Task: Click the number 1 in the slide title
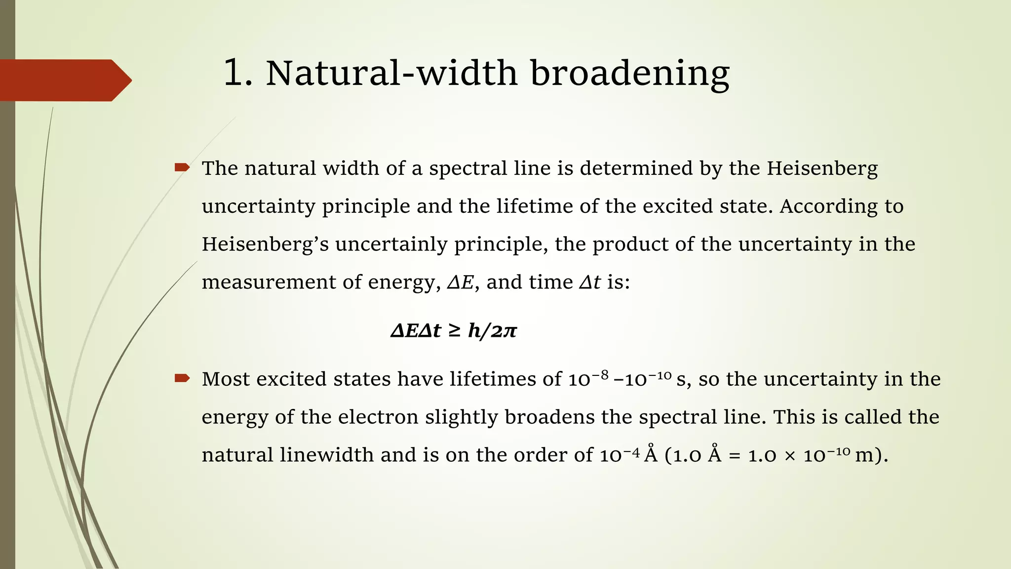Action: [x=234, y=74]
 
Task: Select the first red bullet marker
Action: [x=182, y=167]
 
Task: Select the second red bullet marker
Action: [x=182, y=378]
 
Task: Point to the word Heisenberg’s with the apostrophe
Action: [x=265, y=244]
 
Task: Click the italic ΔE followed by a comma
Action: [x=461, y=282]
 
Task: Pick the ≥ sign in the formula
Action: [x=455, y=330]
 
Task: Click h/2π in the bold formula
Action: [x=492, y=330]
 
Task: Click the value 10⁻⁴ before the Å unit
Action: [x=620, y=455]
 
